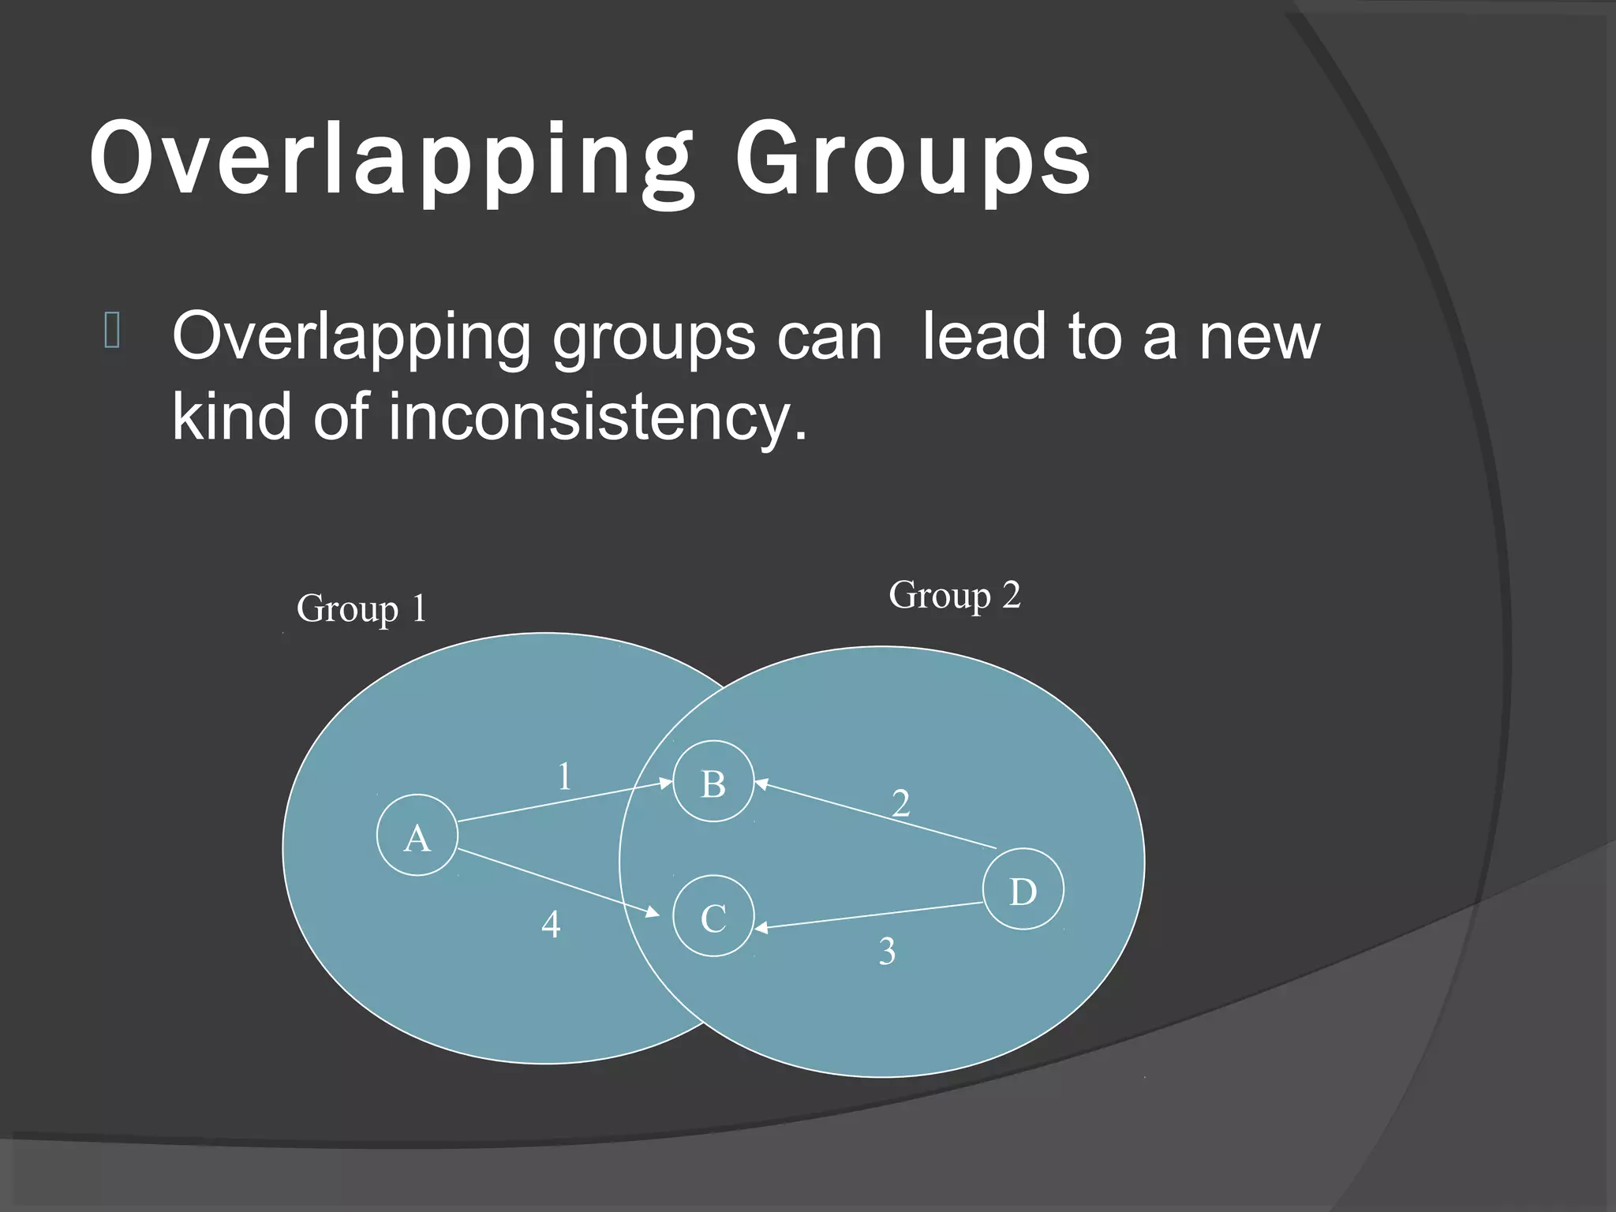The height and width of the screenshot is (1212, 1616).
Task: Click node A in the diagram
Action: click(x=417, y=835)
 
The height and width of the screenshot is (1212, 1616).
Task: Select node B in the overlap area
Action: click(x=713, y=781)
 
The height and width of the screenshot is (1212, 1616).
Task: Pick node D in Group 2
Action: click(x=1023, y=889)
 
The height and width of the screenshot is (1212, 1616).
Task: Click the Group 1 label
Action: click(x=361, y=609)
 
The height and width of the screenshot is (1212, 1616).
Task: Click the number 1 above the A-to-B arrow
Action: click(x=564, y=776)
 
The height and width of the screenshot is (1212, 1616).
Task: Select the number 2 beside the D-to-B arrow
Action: click(x=900, y=803)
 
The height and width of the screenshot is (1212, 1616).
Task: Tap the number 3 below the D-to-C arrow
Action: click(x=887, y=952)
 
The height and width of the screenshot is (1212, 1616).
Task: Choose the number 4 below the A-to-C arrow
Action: click(x=551, y=924)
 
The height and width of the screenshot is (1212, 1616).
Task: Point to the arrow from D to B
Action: click(x=876, y=816)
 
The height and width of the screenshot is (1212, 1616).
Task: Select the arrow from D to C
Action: click(x=868, y=916)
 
